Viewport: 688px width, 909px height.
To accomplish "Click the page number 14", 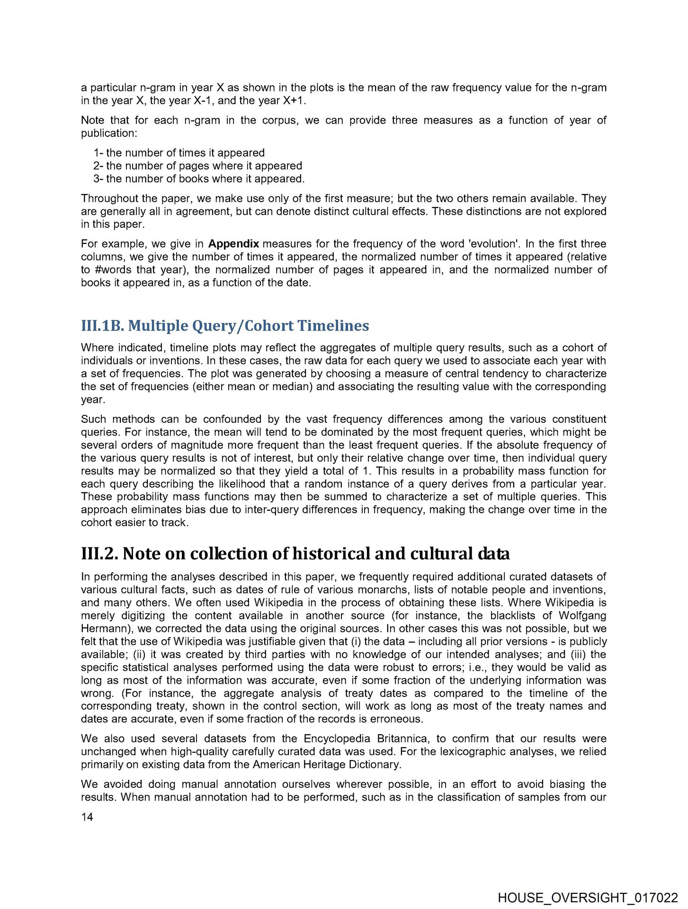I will click(x=87, y=817).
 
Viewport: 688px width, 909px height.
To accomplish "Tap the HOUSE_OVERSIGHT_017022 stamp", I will click(x=588, y=898).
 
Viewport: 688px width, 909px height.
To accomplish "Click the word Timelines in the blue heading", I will click(x=333, y=326).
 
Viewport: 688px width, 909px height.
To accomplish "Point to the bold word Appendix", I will click(x=233, y=244).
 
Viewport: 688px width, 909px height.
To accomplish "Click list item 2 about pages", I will click(x=197, y=166).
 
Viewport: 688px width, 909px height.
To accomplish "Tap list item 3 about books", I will click(x=199, y=178).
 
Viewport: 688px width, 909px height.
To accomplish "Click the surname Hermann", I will click(x=101, y=629).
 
